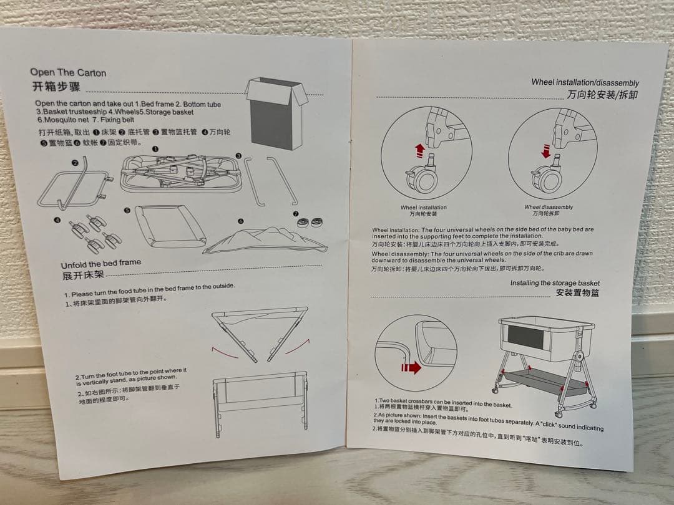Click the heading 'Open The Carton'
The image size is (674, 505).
[x=68, y=72]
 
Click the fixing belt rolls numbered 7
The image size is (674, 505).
[x=310, y=221]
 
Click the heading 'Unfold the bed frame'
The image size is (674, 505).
[x=101, y=263]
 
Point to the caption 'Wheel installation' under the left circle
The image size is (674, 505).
[x=424, y=208]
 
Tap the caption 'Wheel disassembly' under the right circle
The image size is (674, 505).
[x=549, y=207]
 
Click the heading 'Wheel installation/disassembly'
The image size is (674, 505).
[x=585, y=82]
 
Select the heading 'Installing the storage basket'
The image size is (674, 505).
[x=555, y=283]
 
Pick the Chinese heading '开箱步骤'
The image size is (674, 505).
[x=56, y=86]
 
